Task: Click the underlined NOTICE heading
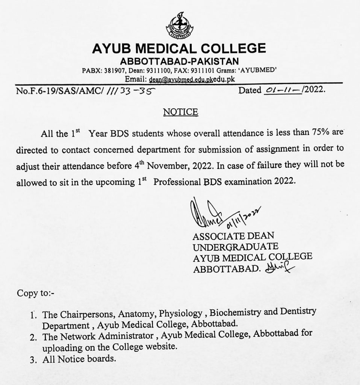(180, 112)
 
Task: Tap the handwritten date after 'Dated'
(281, 90)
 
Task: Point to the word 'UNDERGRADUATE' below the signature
(235, 247)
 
